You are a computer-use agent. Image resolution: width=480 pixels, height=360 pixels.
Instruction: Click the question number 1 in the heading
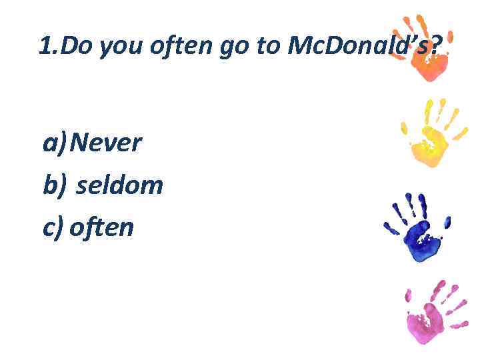tap(45, 46)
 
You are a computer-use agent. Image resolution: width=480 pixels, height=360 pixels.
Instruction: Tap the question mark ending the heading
tap(436, 46)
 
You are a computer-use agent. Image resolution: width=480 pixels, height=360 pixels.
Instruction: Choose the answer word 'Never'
tap(105, 142)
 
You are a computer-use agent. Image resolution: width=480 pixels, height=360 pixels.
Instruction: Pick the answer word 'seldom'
tap(119, 185)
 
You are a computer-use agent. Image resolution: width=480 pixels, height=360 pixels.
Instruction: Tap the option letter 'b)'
tap(55, 185)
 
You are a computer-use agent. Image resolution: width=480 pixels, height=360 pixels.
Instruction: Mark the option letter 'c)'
tap(53, 228)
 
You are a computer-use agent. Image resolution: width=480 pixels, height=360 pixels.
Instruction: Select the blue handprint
tap(417, 227)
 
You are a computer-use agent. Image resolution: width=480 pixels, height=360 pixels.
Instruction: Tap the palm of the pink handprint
tap(427, 323)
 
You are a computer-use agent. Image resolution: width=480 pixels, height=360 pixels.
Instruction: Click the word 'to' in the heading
tap(267, 47)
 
